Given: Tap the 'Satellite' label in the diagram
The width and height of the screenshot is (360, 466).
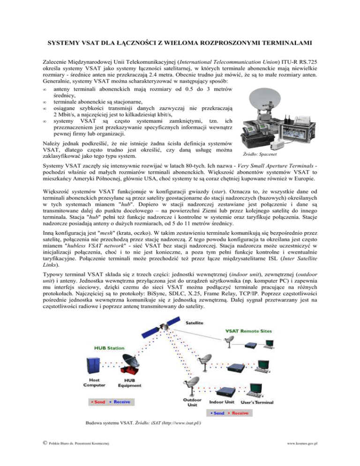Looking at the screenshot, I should [195, 323].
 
